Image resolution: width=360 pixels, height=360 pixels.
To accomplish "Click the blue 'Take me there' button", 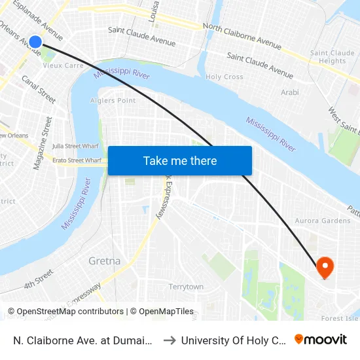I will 179,160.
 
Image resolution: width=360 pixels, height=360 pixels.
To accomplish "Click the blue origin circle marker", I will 35,42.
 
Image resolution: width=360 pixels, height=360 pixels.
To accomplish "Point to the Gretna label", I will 104,261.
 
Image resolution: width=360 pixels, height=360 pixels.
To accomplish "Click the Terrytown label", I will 186,287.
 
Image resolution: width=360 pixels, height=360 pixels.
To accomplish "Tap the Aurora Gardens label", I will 323,221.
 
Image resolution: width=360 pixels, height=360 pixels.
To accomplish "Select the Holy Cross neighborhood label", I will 225,77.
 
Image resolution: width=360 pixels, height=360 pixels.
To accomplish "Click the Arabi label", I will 289,92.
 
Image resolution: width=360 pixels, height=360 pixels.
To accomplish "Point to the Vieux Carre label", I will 62,65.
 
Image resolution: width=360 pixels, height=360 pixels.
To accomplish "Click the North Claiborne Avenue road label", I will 242,36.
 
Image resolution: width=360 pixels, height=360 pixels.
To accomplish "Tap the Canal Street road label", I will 39,89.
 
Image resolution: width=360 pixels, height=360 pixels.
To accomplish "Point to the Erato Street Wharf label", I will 77,160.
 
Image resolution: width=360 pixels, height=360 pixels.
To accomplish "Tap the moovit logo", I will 321,339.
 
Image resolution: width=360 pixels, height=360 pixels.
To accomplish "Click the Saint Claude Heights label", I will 333,57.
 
